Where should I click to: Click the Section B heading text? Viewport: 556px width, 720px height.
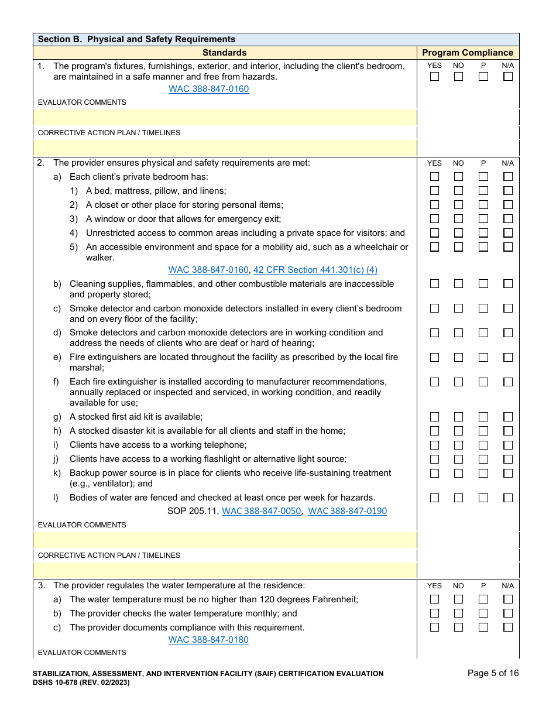(136, 39)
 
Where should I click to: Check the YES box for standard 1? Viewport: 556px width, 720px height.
(434, 77)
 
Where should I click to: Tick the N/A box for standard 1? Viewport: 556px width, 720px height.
(507, 77)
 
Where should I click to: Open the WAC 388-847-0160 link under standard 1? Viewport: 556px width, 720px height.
(208, 89)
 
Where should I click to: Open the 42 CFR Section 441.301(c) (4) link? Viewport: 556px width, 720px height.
(315, 270)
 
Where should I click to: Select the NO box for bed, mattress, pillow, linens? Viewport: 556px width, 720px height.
(458, 191)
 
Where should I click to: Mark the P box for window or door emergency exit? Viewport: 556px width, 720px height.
(483, 219)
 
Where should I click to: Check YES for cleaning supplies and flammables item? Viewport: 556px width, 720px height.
(434, 284)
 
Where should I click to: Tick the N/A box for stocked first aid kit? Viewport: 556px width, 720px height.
(507, 417)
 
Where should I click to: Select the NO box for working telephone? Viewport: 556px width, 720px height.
(458, 445)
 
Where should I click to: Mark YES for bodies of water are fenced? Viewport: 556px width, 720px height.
(434, 498)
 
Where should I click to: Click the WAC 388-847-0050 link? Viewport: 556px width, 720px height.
(261, 511)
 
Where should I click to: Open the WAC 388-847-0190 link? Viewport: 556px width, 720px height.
(347, 511)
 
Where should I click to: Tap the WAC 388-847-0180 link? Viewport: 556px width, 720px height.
(208, 640)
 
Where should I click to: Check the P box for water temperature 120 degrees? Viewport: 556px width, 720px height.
(483, 599)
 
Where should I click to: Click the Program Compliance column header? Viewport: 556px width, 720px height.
(468, 53)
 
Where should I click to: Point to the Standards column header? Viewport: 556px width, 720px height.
(224, 53)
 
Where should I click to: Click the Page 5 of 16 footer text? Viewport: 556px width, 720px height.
(493, 673)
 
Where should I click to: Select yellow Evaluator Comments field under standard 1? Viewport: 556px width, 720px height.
(225, 117)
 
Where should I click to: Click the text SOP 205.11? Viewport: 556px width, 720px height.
(193, 511)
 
